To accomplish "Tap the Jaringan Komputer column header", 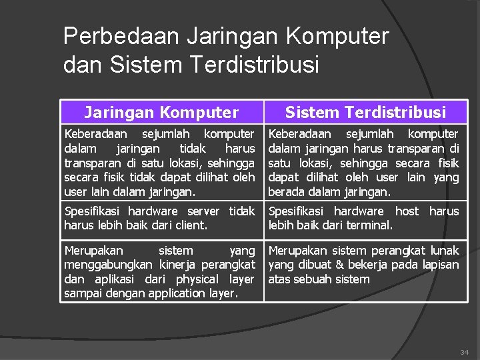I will [x=161, y=113].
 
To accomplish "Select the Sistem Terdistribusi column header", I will [x=365, y=113].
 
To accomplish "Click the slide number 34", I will [x=464, y=351].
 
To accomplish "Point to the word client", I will [x=191, y=225].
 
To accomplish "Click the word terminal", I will [x=368, y=225].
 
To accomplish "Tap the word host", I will [x=407, y=211].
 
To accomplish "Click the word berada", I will [x=285, y=192].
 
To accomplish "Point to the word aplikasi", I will [x=111, y=279].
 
